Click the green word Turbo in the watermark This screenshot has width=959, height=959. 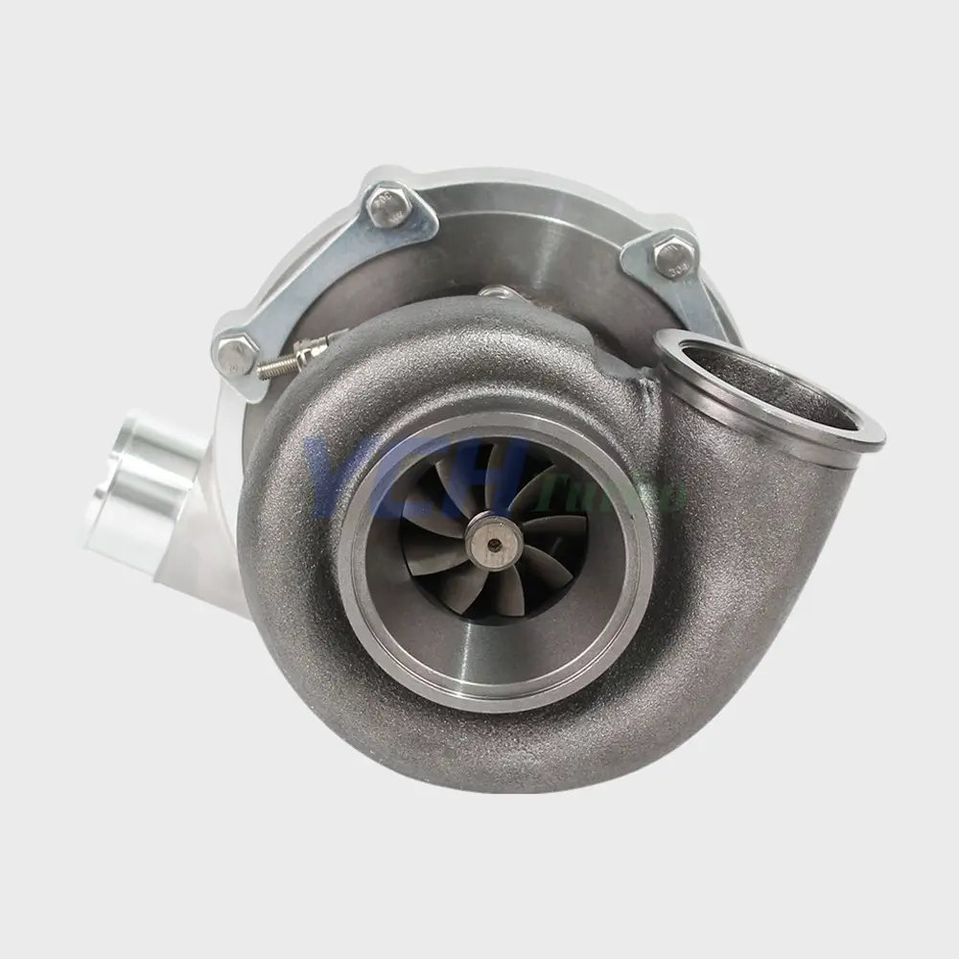coord(652,494)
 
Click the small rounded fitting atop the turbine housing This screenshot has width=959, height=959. coord(497,292)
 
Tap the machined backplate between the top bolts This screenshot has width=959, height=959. coord(537,240)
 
